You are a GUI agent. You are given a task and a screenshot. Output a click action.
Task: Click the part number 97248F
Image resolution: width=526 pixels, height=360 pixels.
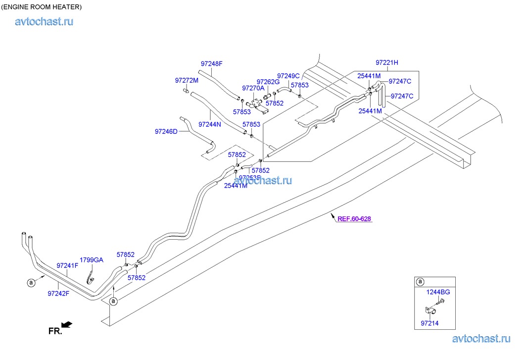[x=211, y=64]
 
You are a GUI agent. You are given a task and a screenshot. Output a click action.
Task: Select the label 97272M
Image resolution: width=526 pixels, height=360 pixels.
[x=187, y=80]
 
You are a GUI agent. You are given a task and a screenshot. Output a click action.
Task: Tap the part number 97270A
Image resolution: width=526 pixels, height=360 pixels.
[x=253, y=88]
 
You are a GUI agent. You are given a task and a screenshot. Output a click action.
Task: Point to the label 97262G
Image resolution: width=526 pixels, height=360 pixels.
[x=268, y=82]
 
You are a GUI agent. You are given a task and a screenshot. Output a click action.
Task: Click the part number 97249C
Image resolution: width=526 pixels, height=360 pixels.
[x=288, y=76]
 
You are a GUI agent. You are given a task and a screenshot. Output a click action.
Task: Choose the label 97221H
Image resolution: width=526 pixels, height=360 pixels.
[x=387, y=63]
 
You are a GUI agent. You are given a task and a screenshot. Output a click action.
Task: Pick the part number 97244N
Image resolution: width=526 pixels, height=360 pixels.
[x=210, y=124]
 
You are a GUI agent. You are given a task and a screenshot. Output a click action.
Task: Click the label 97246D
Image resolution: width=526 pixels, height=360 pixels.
[x=166, y=132]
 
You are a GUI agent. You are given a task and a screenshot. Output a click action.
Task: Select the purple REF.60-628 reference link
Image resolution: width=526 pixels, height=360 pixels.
[x=354, y=218]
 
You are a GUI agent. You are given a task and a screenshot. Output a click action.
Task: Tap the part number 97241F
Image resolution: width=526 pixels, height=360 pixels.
[x=67, y=266]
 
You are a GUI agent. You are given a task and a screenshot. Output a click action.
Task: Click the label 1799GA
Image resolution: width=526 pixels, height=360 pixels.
[x=92, y=260]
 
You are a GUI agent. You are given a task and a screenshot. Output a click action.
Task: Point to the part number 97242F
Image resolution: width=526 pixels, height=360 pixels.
[x=58, y=293]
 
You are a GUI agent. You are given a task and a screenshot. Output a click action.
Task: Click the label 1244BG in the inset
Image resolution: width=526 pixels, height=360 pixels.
[x=438, y=292]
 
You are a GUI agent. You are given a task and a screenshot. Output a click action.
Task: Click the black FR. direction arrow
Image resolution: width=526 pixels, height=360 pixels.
[x=67, y=325]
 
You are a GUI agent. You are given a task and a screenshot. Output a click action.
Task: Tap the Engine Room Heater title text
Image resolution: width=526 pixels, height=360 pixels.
[x=42, y=7]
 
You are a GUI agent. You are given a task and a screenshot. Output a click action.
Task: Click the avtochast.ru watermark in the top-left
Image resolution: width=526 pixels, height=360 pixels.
[x=45, y=21]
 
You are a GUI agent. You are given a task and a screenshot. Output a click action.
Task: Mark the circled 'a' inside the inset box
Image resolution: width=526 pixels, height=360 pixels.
[x=420, y=282]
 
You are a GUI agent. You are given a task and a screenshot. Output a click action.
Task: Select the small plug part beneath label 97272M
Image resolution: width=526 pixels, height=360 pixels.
[x=186, y=90]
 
